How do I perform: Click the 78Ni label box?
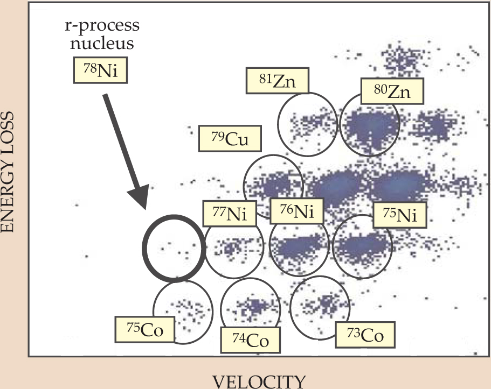click(x=100, y=70)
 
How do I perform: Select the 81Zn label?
click(x=278, y=81)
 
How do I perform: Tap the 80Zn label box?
click(x=392, y=93)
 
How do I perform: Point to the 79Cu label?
click(x=230, y=139)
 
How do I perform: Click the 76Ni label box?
click(x=296, y=210)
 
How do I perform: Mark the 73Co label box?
click(x=364, y=334)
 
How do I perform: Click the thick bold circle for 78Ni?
click(x=172, y=247)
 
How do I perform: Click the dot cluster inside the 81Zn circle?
click(x=307, y=121)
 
